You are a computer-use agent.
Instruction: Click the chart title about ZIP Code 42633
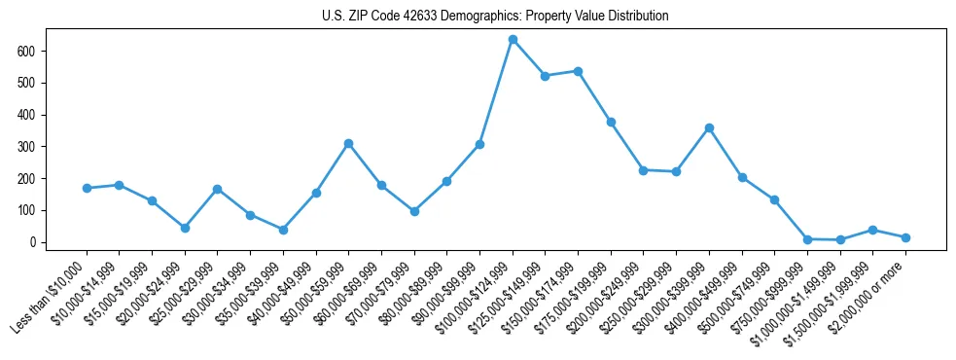coord(495,17)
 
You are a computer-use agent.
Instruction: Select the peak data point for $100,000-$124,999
coord(513,40)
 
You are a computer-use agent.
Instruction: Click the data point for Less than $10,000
coord(87,188)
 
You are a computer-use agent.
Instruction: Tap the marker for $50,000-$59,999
coord(348,143)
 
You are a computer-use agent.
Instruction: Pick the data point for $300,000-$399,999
coord(709,127)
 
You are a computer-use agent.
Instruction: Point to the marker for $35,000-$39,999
coord(283,230)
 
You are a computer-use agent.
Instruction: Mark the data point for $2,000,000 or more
coord(905,237)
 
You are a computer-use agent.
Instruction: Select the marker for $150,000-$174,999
coord(578,71)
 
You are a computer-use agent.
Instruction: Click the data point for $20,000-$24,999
coord(185,228)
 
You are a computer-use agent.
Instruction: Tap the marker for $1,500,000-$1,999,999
coord(872,230)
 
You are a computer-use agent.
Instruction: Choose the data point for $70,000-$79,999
coord(414,211)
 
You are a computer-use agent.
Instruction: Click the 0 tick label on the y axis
coord(32,242)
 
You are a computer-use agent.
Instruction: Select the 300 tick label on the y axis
coord(26,147)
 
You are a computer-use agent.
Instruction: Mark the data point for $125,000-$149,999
coord(545,76)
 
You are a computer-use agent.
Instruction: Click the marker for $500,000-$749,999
coord(774,199)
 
